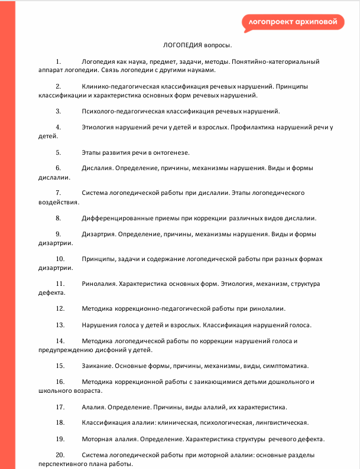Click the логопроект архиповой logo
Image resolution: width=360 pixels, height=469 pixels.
pyautogui.click(x=293, y=22)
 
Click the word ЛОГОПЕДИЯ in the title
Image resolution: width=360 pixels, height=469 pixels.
pyautogui.click(x=183, y=45)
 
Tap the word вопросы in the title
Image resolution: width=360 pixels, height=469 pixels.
pyautogui.click(x=218, y=45)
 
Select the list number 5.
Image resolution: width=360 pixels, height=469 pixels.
pyautogui.click(x=59, y=152)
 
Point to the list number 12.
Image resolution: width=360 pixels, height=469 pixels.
pyautogui.click(x=60, y=308)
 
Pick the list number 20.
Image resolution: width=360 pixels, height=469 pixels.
pyautogui.click(x=60, y=455)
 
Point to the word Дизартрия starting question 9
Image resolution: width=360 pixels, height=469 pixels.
pyautogui.click(x=99, y=234)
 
